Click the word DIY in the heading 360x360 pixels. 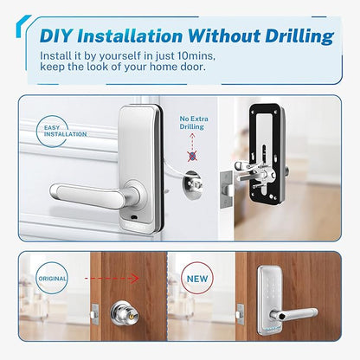pos(56,36)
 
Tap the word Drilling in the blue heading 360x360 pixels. pos(299,37)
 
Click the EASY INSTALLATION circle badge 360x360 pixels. pos(53,132)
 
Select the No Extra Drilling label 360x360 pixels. pos(194,123)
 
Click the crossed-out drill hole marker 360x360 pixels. pos(192,156)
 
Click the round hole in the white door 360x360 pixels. pos(192,184)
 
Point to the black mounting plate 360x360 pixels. pos(265,154)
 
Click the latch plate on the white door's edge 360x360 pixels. pos(227,189)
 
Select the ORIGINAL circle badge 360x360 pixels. pos(52,279)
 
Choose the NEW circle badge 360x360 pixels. pos(197,279)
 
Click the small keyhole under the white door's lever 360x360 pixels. pos(133,216)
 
